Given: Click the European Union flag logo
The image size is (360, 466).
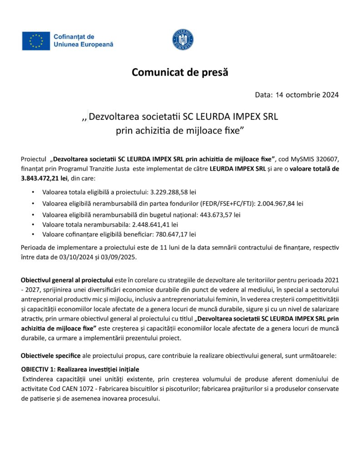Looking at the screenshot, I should (x=36, y=41).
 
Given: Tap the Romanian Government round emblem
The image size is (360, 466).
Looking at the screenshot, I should (x=183, y=40).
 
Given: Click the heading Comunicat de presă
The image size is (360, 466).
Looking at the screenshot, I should (x=180, y=72).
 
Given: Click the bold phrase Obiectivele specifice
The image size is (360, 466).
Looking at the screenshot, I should (x=51, y=355).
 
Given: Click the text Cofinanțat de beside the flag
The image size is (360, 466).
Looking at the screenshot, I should (x=74, y=36).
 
